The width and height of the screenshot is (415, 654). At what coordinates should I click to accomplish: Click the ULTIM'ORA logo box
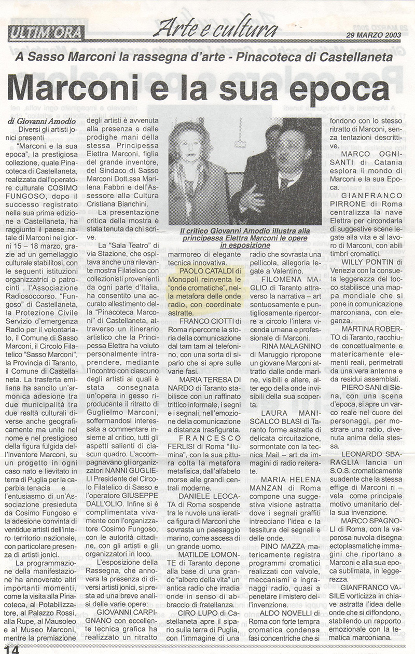[x=46, y=34]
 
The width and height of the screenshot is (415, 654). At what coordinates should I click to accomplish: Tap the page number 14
[x=11, y=648]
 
